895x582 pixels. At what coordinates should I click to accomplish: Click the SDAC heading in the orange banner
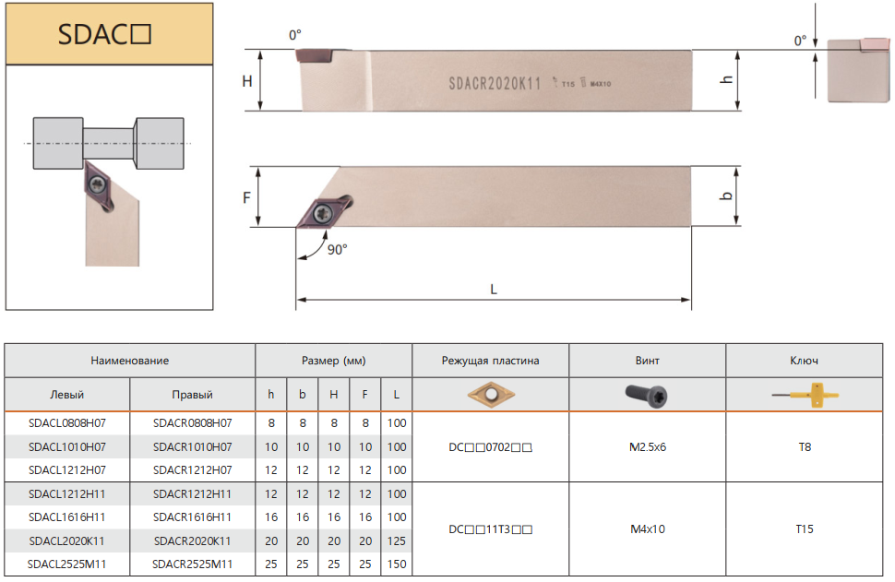[x=104, y=34]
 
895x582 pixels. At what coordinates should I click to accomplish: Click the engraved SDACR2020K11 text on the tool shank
[x=495, y=84]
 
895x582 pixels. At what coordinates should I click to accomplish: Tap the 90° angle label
[x=338, y=249]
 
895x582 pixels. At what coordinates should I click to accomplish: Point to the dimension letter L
[x=494, y=290]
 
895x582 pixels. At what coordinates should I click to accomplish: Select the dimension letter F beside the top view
[x=246, y=197]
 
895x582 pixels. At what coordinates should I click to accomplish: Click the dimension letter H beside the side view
[x=247, y=81]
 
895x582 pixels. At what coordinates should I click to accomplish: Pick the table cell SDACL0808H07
[x=67, y=422]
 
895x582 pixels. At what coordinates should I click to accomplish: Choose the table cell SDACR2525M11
[x=192, y=564]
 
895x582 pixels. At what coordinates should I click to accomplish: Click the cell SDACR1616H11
[x=192, y=517]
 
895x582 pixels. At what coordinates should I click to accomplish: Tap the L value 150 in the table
[x=397, y=564]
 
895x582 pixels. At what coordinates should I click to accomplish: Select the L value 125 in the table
[x=397, y=540]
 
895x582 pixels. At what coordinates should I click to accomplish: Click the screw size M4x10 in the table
[x=648, y=529]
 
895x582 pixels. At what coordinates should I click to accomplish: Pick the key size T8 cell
[x=805, y=446]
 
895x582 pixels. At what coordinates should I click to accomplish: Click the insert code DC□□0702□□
[x=490, y=447]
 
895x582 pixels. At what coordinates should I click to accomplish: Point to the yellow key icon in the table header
[x=805, y=395]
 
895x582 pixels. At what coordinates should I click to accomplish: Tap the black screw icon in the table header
[x=647, y=396]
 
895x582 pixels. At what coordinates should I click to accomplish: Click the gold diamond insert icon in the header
[x=491, y=394]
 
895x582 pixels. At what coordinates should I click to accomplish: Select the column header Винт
[x=648, y=361]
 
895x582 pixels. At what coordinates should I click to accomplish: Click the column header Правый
[x=192, y=395]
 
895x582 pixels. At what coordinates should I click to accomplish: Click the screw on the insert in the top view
[x=323, y=213]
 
